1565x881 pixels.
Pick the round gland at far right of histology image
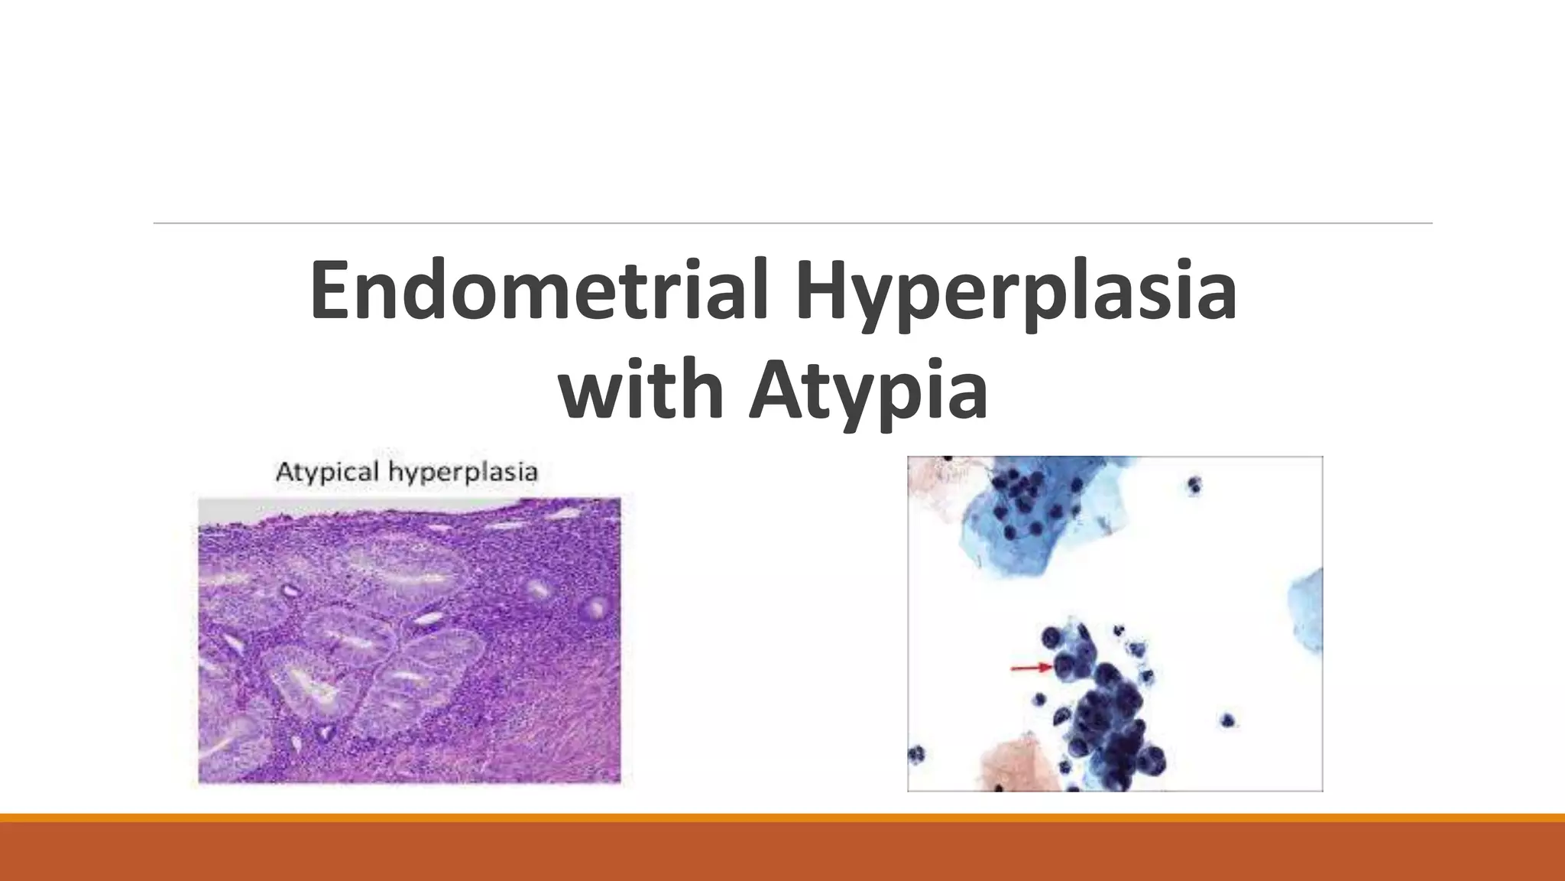point(594,609)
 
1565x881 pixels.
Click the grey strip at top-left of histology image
point(229,508)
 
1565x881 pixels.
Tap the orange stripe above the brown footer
point(782,818)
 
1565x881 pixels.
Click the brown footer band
point(782,852)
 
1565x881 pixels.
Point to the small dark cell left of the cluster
point(1039,699)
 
